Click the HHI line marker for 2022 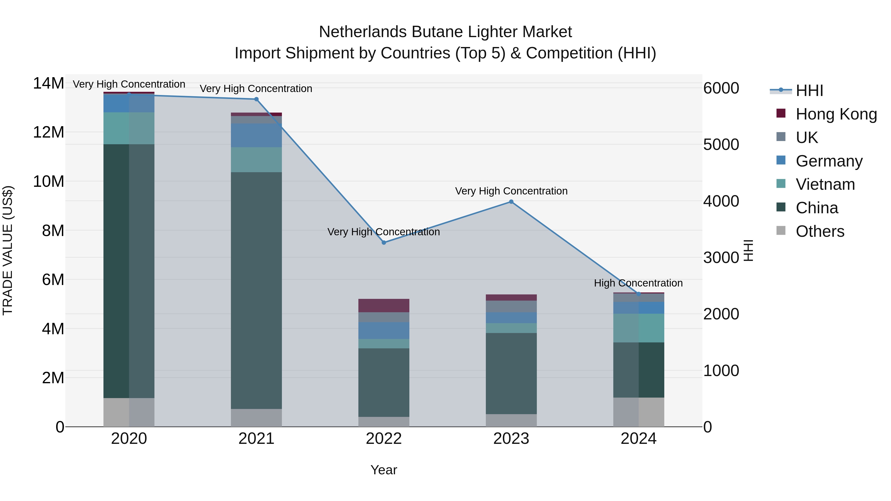click(x=384, y=243)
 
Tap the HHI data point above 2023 click(x=511, y=202)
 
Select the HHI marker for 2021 click(x=256, y=99)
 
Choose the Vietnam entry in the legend click(x=825, y=184)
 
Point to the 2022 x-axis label click(x=384, y=439)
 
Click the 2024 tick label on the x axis click(x=639, y=439)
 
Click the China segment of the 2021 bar click(x=256, y=290)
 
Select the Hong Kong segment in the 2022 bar click(x=384, y=306)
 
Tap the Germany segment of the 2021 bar click(x=256, y=136)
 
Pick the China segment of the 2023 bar click(x=511, y=373)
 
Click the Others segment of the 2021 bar click(x=256, y=418)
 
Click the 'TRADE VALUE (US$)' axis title click(x=8, y=250)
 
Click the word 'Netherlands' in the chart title click(x=363, y=32)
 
